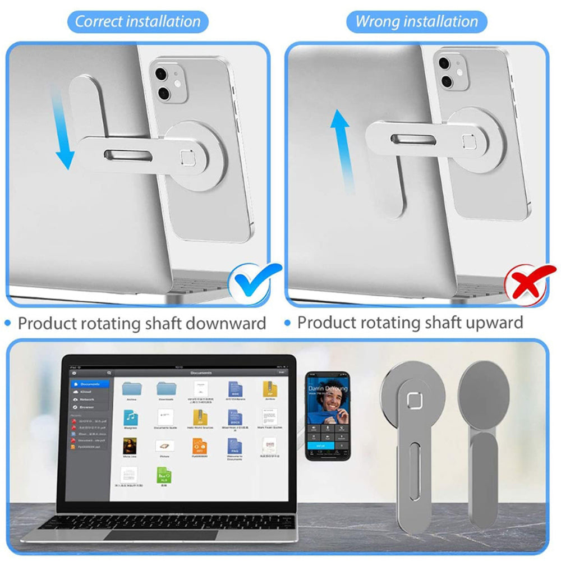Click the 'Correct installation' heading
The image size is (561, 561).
[137, 22]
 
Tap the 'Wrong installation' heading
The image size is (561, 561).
[417, 22]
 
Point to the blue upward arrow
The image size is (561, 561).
[338, 142]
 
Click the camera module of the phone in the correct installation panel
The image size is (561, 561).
[169, 82]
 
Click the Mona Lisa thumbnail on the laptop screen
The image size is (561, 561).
[130, 445]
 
